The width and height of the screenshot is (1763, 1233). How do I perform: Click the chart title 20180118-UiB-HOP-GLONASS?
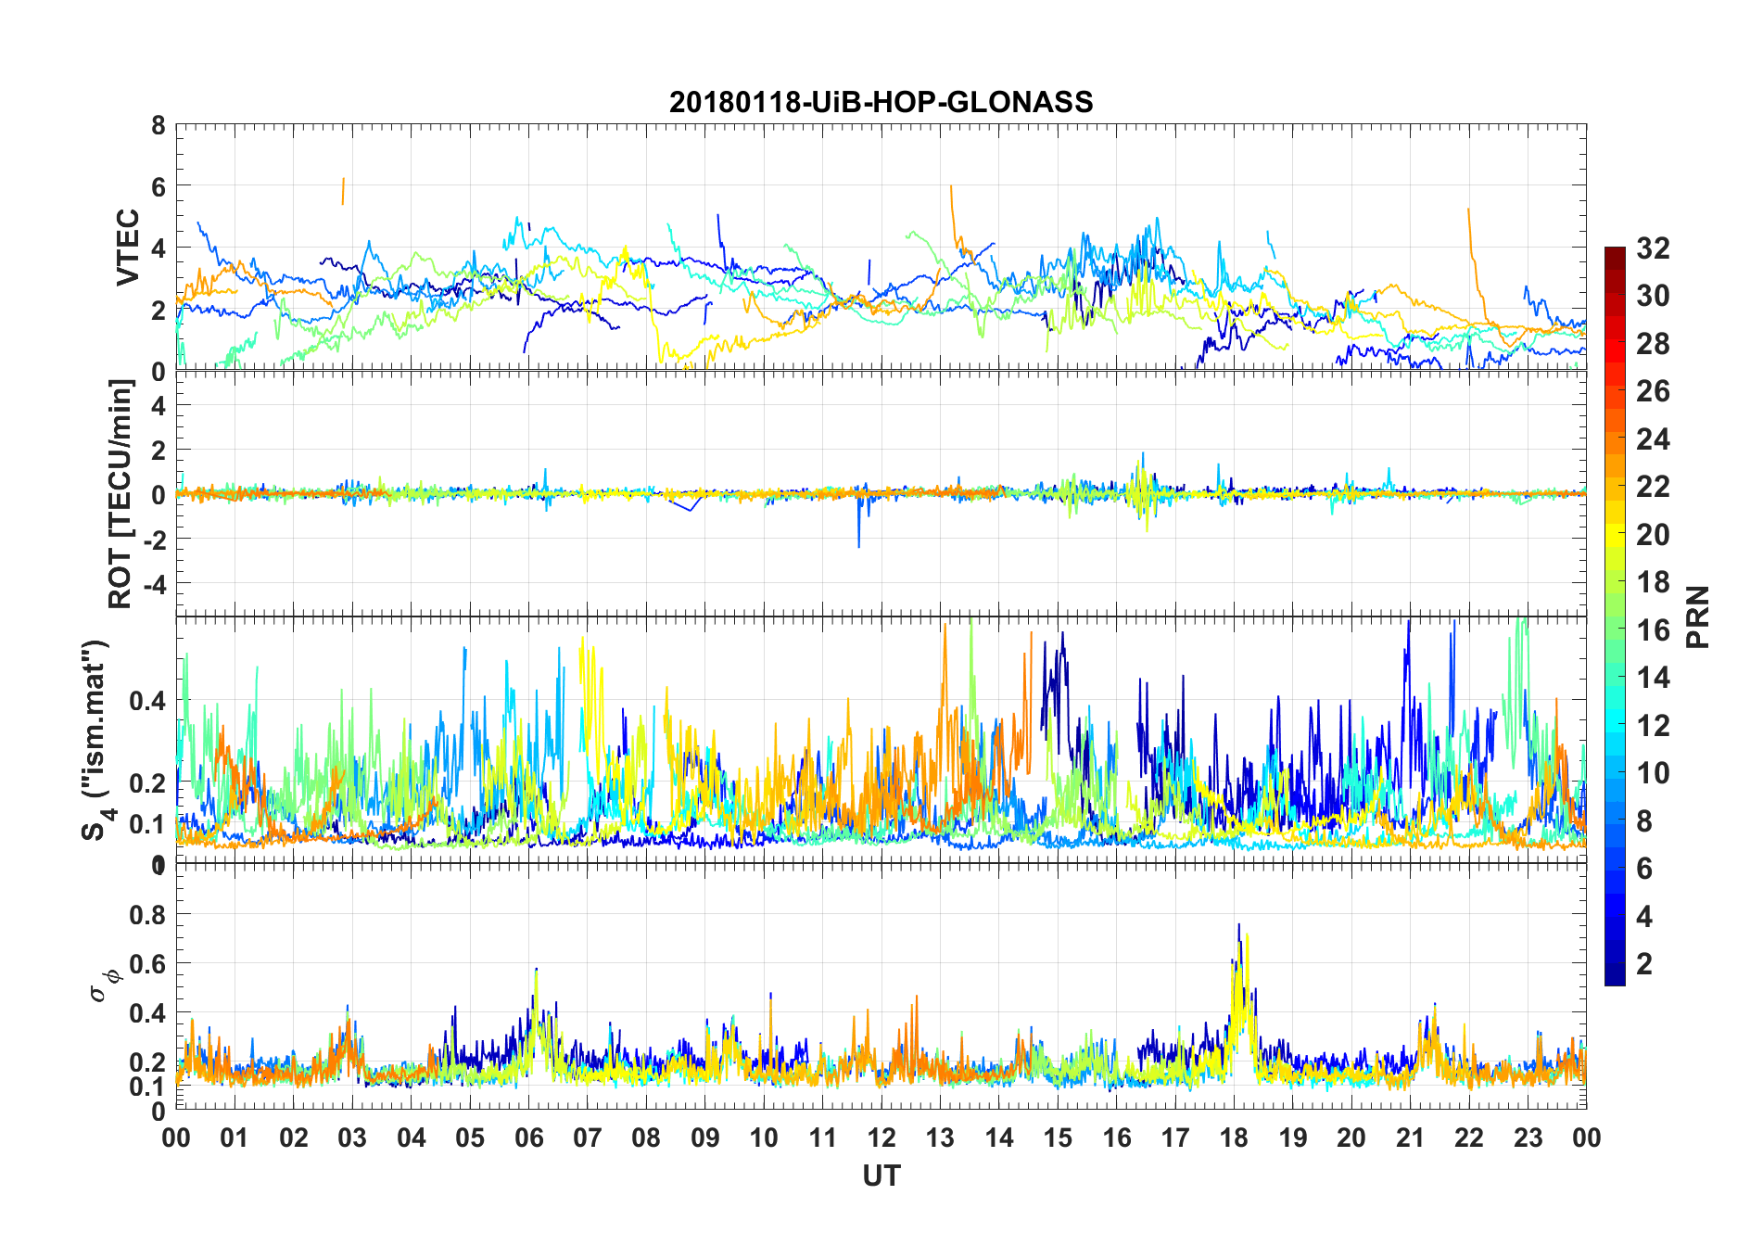click(x=881, y=102)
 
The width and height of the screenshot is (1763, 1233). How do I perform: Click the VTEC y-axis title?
click(x=127, y=248)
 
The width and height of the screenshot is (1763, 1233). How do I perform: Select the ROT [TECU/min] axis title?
click(x=121, y=493)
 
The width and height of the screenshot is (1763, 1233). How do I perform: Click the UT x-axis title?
click(x=881, y=1176)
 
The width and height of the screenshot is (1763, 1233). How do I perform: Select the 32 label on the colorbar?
click(x=1653, y=248)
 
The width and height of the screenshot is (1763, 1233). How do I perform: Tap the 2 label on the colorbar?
click(x=1644, y=964)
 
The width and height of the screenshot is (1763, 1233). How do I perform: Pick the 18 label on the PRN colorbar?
click(x=1653, y=582)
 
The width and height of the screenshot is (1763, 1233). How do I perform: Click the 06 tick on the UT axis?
click(x=528, y=1138)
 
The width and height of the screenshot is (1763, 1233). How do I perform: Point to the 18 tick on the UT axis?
click(x=1234, y=1138)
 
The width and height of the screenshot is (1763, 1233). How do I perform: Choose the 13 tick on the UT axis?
click(x=940, y=1138)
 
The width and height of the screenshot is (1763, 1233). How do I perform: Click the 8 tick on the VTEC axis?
click(x=159, y=126)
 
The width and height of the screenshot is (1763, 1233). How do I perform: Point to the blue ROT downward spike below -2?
click(x=858, y=542)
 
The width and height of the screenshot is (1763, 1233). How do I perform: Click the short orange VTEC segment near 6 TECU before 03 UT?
click(x=343, y=190)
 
